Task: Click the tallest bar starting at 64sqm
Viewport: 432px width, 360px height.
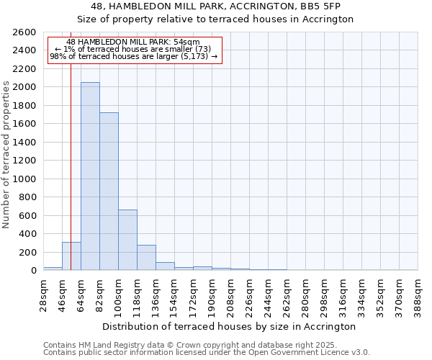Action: coord(90,176)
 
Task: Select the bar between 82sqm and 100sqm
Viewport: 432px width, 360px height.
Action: coord(109,192)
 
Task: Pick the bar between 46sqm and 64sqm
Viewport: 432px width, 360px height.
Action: coord(71,256)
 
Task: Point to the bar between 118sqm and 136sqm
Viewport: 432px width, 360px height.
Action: coord(146,258)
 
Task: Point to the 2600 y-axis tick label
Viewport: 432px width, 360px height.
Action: coord(25,32)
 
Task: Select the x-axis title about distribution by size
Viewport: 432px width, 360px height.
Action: coord(228,326)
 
